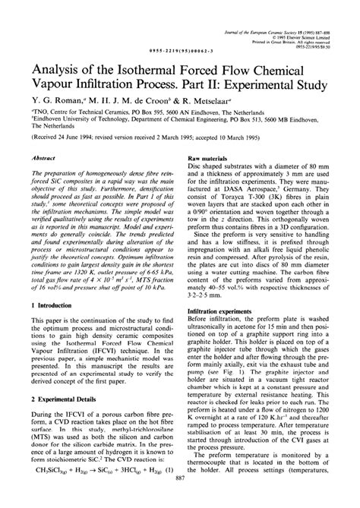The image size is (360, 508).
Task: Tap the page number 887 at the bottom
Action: tap(180, 501)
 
